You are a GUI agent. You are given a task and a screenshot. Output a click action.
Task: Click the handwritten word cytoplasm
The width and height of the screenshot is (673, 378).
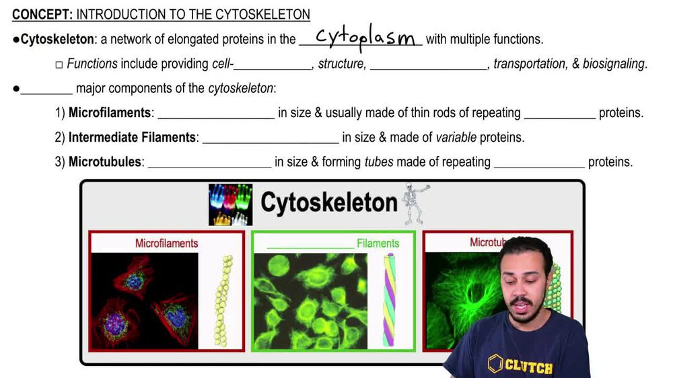(x=365, y=38)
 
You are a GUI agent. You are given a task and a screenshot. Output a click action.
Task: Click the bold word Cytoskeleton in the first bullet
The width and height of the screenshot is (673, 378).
(x=57, y=40)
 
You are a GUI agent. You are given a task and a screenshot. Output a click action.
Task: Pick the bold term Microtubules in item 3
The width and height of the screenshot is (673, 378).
(x=105, y=162)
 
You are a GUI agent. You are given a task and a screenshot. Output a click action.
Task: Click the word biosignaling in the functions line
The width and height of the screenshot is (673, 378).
(x=613, y=64)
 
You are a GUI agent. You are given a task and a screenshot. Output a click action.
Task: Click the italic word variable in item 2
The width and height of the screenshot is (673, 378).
(x=456, y=138)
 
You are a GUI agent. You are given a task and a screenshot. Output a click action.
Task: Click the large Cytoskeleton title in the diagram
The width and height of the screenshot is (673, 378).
(x=328, y=202)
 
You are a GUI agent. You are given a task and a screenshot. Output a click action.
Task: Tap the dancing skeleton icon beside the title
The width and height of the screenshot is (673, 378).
(x=414, y=203)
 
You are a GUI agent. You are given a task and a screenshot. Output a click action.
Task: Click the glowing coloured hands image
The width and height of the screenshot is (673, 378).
(x=230, y=204)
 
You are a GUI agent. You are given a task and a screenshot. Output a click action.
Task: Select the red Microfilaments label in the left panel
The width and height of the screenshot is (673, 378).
(x=166, y=243)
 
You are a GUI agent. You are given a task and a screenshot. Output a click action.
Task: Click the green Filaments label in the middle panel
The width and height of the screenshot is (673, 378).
(x=378, y=243)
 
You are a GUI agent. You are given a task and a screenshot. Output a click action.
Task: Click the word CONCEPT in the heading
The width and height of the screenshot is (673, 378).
(x=37, y=14)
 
